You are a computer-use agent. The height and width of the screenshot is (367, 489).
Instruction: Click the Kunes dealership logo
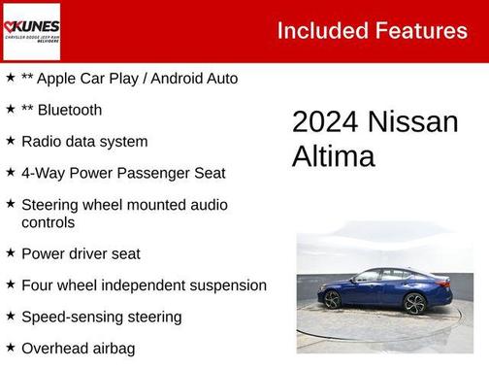pyautogui.click(x=31, y=31)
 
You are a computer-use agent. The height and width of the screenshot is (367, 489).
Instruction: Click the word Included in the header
pyautogui.click(x=321, y=31)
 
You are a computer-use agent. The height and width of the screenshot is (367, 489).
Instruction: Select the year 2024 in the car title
pyautogui.click(x=325, y=122)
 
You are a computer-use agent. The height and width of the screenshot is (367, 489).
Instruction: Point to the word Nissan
pyautogui.click(x=412, y=122)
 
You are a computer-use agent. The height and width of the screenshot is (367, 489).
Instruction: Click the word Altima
pyautogui.click(x=333, y=156)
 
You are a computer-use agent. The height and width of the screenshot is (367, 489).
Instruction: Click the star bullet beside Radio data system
pyautogui.click(x=10, y=141)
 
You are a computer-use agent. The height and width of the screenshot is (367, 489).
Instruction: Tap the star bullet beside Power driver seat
pyautogui.click(x=10, y=253)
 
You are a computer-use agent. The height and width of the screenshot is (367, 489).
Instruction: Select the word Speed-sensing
pyautogui.click(x=71, y=317)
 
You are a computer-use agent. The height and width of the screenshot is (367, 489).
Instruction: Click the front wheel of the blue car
pyautogui.click(x=414, y=303)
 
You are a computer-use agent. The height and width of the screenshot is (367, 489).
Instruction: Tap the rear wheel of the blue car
pyautogui.click(x=333, y=299)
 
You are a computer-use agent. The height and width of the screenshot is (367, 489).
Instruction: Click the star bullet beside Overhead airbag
pyautogui.click(x=10, y=347)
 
